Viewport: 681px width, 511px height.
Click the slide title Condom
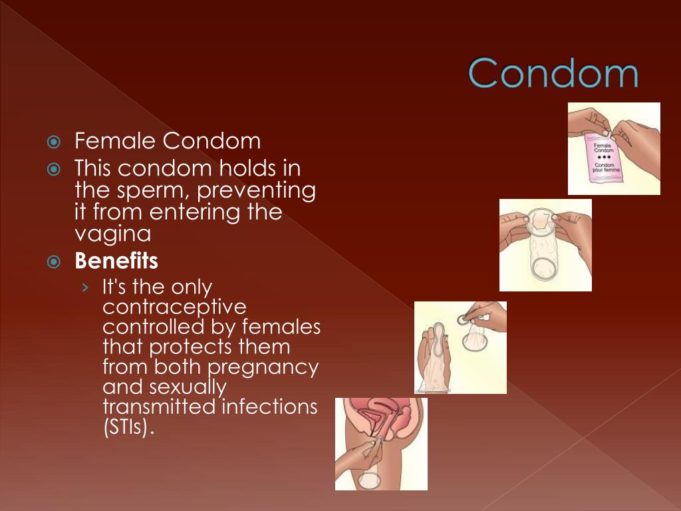pos(553,73)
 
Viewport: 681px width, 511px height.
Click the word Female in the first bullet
pos(116,141)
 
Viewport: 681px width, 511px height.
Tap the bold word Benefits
pos(116,261)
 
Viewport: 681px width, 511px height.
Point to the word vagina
pos(112,234)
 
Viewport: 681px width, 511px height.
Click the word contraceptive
pos(174,307)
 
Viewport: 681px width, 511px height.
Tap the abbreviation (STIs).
pos(128,426)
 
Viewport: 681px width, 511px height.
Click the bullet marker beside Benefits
pos(54,261)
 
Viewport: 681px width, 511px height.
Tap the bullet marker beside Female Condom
pos(54,142)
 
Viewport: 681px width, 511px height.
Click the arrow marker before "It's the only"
pos(84,287)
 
